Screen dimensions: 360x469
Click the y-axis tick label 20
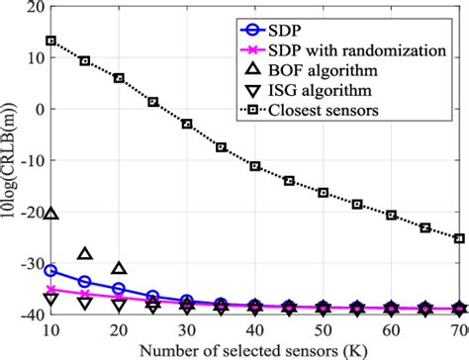click(x=33, y=7)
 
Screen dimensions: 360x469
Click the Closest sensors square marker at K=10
click(x=51, y=41)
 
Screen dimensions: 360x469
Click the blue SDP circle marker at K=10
click(x=51, y=270)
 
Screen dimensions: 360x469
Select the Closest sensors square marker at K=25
click(x=153, y=102)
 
